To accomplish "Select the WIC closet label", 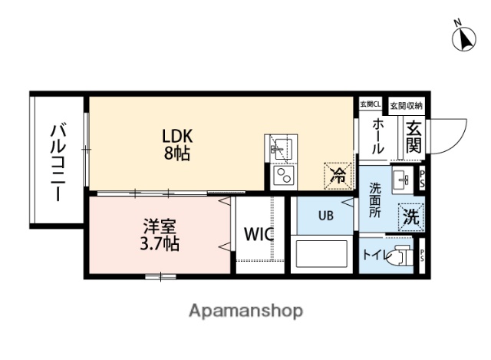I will coord(259,235).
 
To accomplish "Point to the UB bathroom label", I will coord(326,216).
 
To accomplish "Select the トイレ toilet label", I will coord(375,254).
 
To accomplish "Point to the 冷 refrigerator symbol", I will coord(337,174).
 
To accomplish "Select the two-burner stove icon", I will coord(281,178).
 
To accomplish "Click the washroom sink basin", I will coord(401,180).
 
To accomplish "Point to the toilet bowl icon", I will coord(400,256).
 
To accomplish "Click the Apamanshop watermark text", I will coord(245,311).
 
